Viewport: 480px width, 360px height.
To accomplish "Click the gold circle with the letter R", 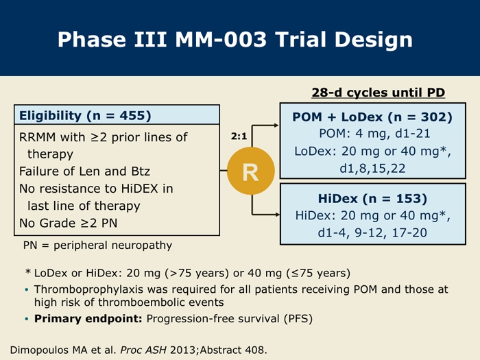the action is [251, 171].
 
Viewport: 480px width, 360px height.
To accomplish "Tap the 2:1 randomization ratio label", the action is [239, 136].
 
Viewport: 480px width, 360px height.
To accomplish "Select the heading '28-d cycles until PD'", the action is [379, 93].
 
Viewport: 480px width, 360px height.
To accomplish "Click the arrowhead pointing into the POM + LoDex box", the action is [276, 125].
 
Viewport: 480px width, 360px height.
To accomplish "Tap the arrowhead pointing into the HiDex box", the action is [277, 215].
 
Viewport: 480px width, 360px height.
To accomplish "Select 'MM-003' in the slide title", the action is [221, 40].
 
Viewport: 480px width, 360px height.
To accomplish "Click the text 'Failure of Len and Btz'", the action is [84, 171].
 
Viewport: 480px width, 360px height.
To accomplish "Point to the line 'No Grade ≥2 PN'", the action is [69, 223].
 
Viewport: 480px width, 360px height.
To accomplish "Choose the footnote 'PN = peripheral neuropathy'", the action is [97, 245].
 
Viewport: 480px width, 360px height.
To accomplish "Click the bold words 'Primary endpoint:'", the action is [88, 319].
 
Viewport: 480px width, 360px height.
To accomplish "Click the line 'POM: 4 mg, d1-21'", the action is [374, 134].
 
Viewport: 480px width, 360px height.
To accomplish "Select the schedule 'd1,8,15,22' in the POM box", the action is [372, 169].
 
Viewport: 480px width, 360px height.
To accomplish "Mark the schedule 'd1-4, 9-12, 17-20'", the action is [372, 233].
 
